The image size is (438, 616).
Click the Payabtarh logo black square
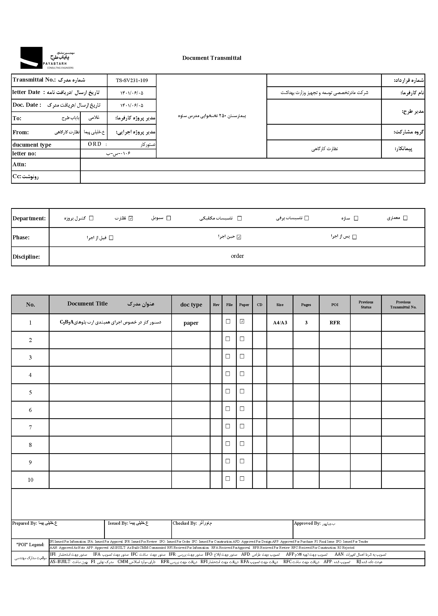pos(31,58)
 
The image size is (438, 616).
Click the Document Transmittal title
pos(212,58)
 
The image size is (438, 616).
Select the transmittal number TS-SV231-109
pos(132,80)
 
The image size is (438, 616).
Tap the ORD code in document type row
pos(95,144)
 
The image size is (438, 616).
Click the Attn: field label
pos(19,164)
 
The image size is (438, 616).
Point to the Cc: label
pos(17,177)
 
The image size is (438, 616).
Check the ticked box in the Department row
pos(131,218)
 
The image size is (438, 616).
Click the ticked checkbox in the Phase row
pos(239,237)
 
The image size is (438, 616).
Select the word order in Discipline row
pos(237,256)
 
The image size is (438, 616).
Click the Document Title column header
pos(87,304)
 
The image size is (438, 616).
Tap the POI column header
pos(335,305)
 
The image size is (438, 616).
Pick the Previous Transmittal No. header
pos(403,305)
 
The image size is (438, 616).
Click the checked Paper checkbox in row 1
pos(242,321)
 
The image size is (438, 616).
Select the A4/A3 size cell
pos(280,323)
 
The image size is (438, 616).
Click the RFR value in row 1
pos(335,323)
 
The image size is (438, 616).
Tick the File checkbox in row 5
pos(228,391)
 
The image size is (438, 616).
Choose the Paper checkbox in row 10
pos(242,479)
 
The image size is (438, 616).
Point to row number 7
pos(30,428)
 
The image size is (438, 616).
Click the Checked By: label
pos(185,523)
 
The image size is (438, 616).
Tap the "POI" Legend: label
pos(30,545)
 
